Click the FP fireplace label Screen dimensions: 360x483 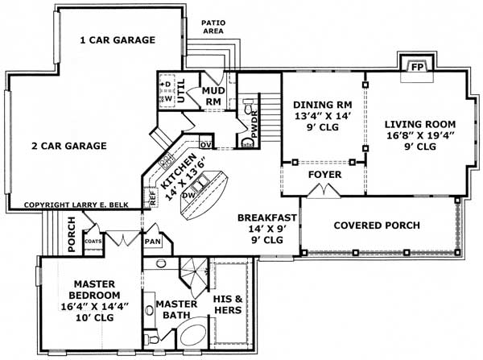coord(416,68)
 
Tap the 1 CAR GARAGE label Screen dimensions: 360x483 coord(117,39)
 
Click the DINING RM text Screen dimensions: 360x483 coord(321,105)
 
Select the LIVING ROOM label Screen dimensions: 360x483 coord(419,124)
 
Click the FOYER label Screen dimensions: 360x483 coord(325,174)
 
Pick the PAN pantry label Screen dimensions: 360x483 coord(153,241)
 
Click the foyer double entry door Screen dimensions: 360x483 coord(325,191)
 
